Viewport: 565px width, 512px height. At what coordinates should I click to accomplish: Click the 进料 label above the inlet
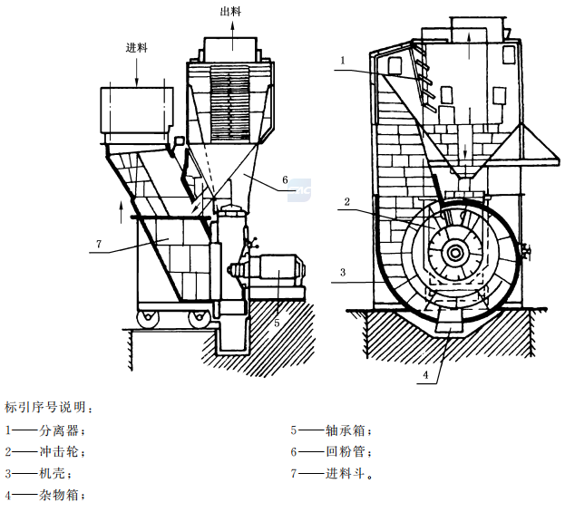[137, 47]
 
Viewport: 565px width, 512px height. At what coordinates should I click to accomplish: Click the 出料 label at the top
[230, 10]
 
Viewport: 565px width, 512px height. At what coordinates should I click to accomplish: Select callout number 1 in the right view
[344, 61]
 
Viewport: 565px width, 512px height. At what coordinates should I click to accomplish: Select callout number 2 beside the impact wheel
[347, 200]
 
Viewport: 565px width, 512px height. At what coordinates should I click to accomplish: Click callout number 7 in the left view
[95, 242]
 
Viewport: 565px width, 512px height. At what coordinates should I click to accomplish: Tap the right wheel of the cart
[197, 318]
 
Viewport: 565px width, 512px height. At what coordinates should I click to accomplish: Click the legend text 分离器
[59, 430]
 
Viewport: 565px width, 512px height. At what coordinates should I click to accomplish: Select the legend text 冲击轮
[59, 451]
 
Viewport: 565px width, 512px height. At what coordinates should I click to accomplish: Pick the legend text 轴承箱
[345, 430]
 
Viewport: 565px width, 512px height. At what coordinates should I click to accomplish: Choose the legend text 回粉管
[345, 451]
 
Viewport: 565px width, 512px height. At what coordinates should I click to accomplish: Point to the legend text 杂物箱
[59, 495]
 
